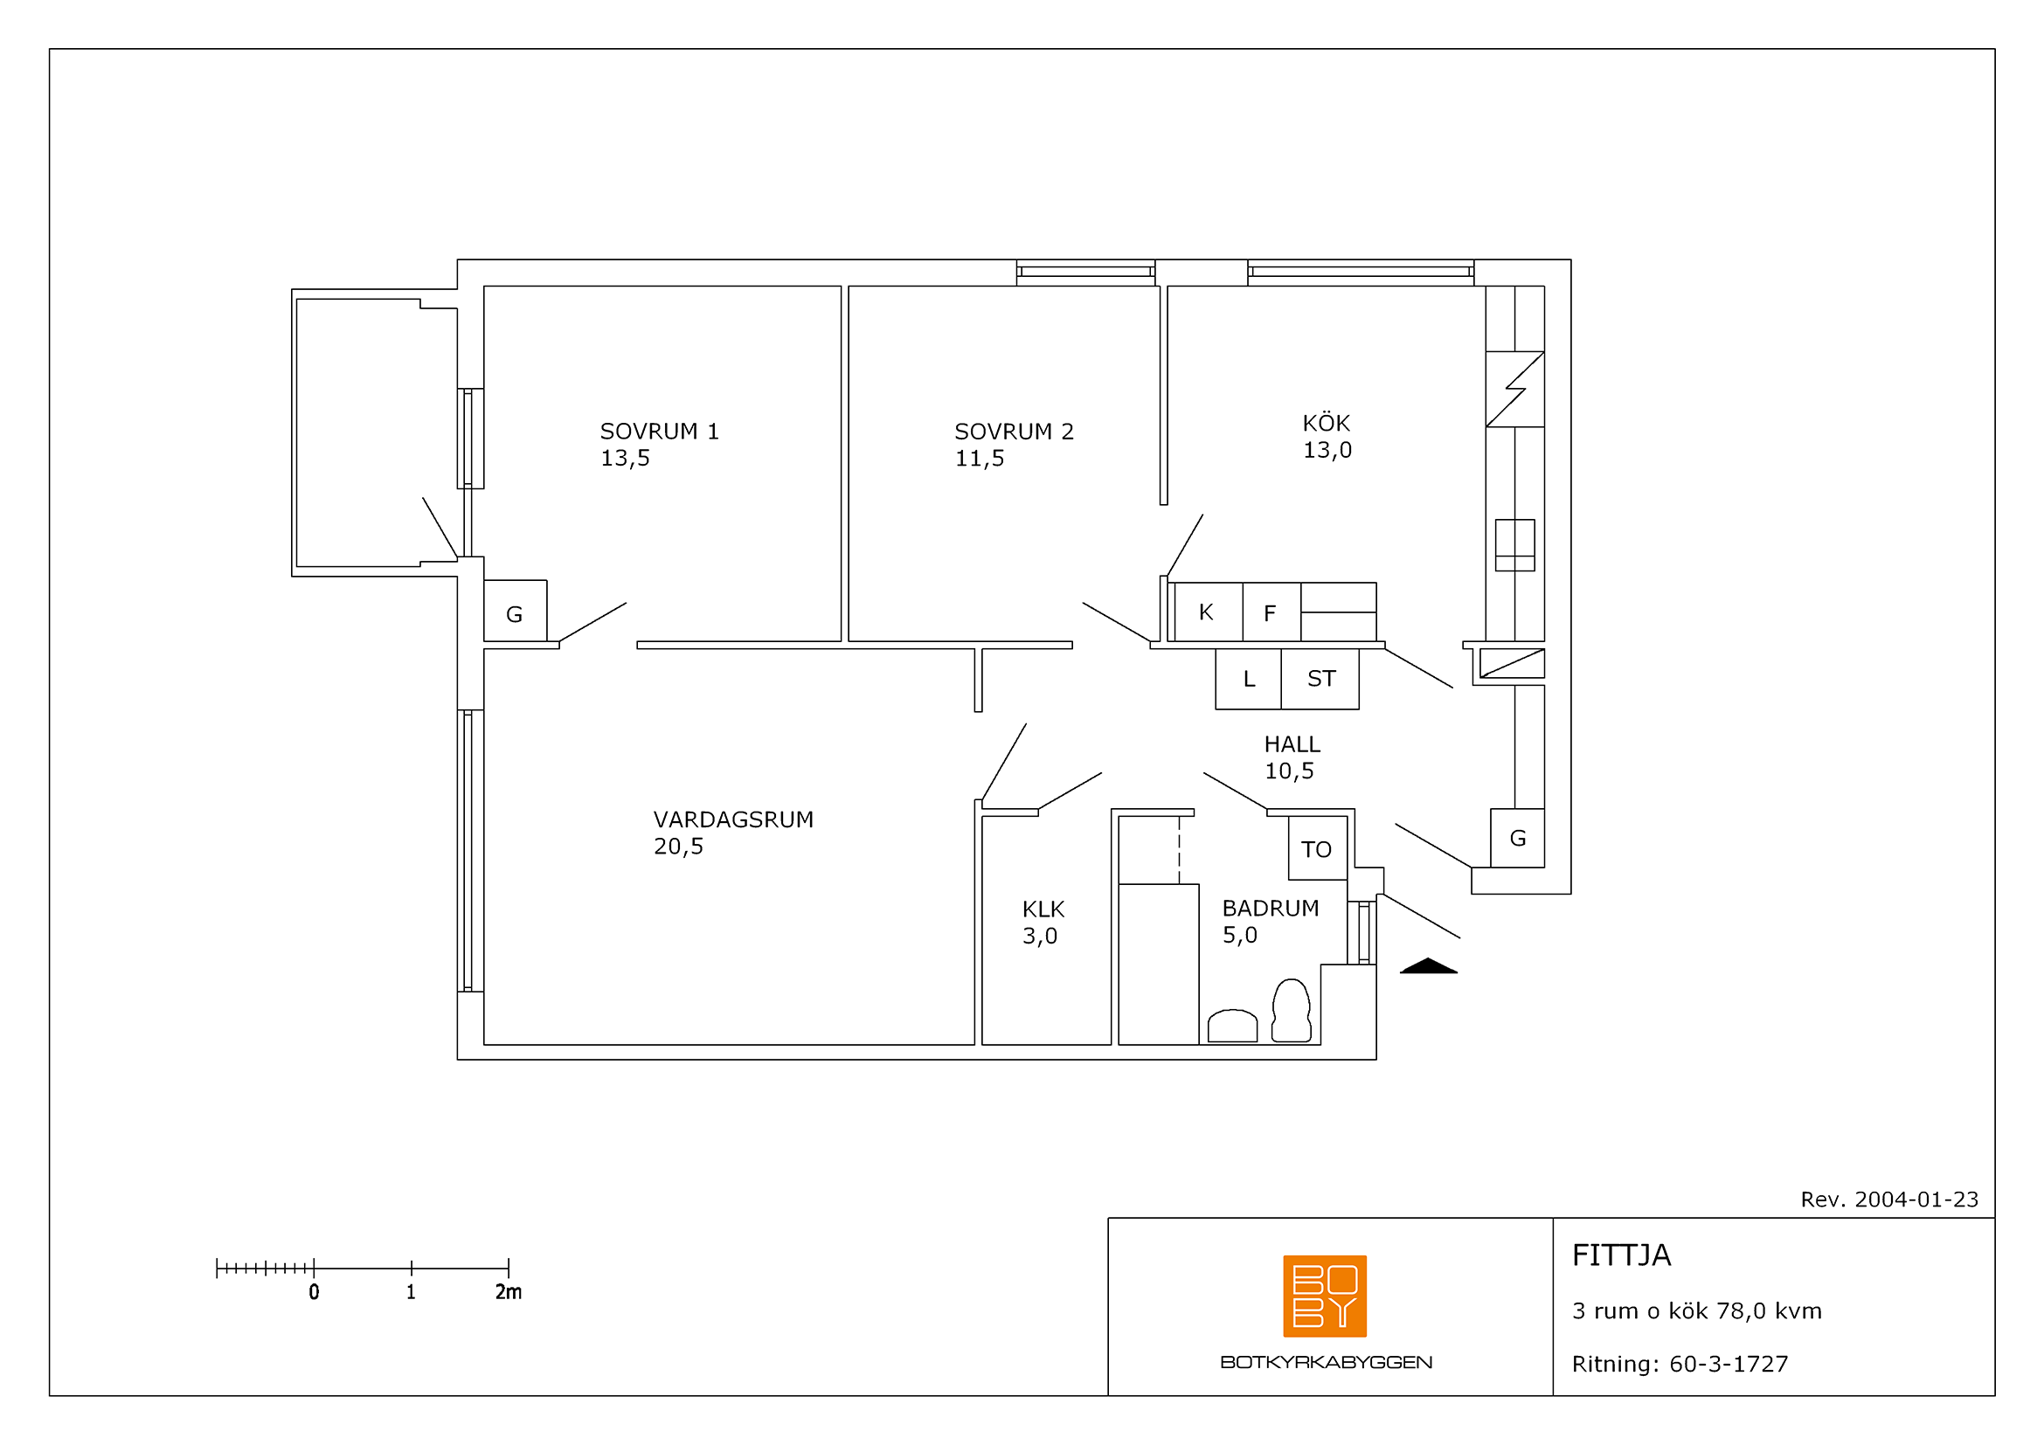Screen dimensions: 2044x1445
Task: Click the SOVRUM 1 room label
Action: (659, 432)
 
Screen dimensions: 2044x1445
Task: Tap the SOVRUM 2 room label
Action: (1014, 432)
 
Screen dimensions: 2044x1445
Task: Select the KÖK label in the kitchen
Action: (1327, 423)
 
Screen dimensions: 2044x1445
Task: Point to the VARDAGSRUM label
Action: (733, 819)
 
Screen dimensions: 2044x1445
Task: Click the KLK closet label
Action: (1043, 909)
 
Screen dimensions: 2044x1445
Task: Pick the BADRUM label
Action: (1271, 909)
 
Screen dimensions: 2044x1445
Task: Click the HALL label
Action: (1292, 743)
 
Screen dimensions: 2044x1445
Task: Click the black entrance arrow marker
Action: (1428, 966)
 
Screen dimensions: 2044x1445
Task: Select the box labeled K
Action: (1208, 612)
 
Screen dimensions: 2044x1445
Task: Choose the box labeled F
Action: (1271, 612)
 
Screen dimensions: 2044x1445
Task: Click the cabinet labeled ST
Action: (1320, 679)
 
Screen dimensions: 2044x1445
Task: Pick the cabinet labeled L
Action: (1248, 679)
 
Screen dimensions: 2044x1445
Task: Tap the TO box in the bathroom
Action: (1318, 848)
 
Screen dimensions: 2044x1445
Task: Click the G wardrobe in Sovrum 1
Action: (515, 611)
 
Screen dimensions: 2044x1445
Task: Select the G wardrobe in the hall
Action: (1517, 838)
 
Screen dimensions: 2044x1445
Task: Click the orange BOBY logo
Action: (1325, 1296)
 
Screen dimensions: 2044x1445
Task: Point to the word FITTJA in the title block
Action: (1621, 1255)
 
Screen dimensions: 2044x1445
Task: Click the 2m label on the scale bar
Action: (509, 1292)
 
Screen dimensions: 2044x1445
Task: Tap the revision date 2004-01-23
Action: (1916, 1200)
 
